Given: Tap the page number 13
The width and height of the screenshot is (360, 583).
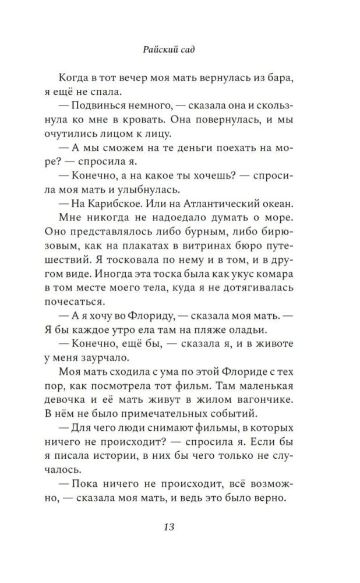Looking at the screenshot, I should pyautogui.click(x=169, y=527).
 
